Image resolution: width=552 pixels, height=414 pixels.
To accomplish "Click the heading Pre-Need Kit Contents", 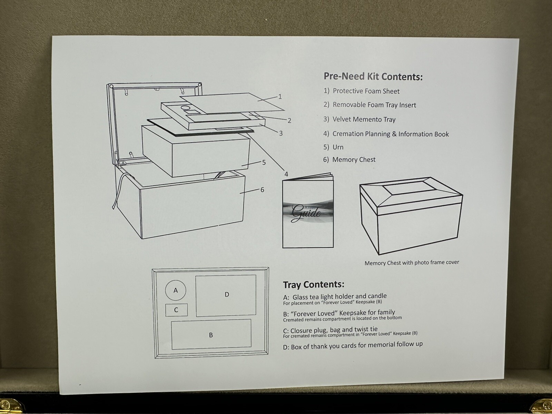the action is (373, 76).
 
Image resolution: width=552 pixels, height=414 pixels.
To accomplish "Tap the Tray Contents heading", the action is (314, 285).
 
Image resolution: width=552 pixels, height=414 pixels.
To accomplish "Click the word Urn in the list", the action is (338, 147).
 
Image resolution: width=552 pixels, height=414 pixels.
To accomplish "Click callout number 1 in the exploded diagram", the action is (280, 97).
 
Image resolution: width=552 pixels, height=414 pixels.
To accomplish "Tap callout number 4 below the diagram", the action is (286, 174).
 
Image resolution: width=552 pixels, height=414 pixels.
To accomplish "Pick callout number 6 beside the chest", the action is (262, 190).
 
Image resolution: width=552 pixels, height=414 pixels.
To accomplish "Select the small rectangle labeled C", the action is (176, 310).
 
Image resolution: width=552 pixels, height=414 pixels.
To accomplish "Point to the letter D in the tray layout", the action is (227, 295).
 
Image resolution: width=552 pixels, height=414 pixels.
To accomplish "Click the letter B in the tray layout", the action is (211, 335).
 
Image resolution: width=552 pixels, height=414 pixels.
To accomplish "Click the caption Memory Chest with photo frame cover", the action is (412, 263).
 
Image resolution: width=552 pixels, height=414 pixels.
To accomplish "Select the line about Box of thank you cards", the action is (353, 345).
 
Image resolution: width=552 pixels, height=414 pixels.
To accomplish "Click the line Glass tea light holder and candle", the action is (335, 297).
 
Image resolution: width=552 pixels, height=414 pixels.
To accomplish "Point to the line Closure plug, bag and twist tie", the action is (330, 330).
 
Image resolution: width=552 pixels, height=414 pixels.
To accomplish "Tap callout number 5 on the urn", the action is (264, 162).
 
